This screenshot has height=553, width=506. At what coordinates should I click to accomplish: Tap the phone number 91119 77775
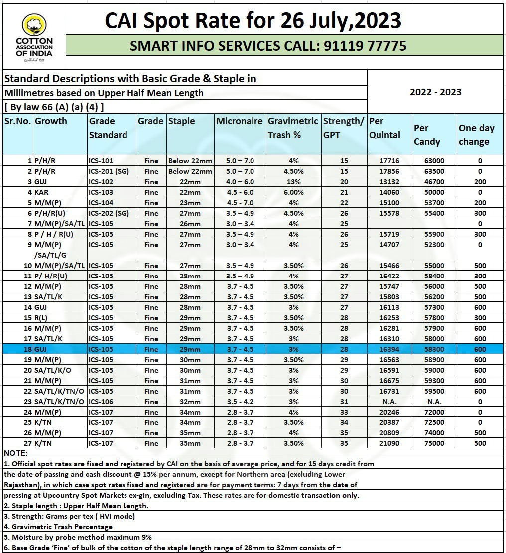pyautogui.click(x=365, y=46)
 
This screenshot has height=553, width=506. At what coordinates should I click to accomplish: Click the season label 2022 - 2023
pyautogui.click(x=435, y=92)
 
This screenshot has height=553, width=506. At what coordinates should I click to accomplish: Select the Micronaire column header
pyautogui.click(x=239, y=121)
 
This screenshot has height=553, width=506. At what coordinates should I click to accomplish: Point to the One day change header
pyautogui.click(x=476, y=135)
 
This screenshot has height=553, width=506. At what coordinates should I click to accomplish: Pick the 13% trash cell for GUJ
pyautogui.click(x=293, y=182)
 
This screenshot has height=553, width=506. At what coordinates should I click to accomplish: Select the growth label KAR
pyautogui.click(x=41, y=192)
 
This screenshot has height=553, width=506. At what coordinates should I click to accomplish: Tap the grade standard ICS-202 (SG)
pyautogui.click(x=108, y=213)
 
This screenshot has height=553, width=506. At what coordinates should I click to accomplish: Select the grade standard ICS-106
pyautogui.click(x=101, y=402)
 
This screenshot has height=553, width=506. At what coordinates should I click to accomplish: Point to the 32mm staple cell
pyautogui.click(x=190, y=402)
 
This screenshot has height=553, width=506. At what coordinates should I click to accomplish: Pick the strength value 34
pyautogui.click(x=344, y=422)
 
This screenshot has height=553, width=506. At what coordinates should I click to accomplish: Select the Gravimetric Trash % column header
pyautogui.click(x=293, y=128)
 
